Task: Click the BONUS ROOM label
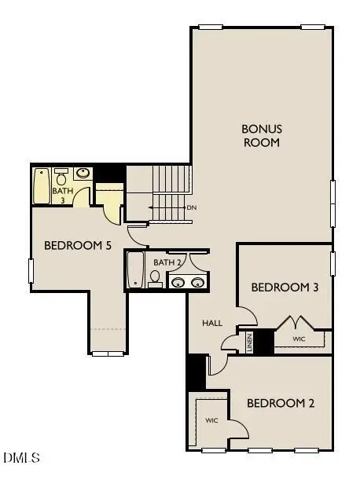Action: click(x=261, y=135)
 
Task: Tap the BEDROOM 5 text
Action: click(x=78, y=246)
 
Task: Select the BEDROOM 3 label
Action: click(x=285, y=288)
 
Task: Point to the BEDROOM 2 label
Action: click(x=281, y=404)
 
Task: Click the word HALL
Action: click(x=212, y=323)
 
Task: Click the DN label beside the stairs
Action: click(x=191, y=207)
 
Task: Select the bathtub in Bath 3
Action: click(x=42, y=185)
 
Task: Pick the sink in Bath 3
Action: click(x=83, y=173)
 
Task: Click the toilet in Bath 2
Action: click(x=156, y=278)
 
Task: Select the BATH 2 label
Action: click(x=167, y=262)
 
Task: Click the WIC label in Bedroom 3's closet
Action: click(x=299, y=339)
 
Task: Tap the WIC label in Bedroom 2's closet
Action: click(x=211, y=421)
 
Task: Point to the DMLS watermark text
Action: click(x=22, y=456)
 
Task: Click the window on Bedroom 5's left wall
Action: click(x=31, y=271)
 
